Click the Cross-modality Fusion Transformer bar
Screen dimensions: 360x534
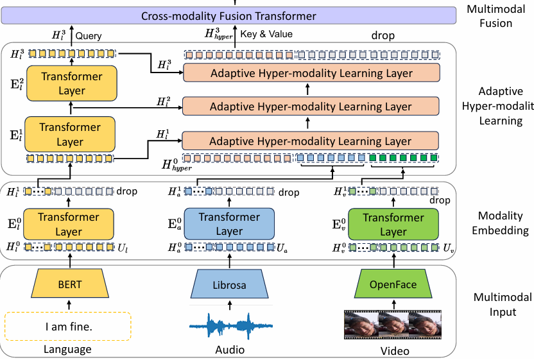click(228, 17)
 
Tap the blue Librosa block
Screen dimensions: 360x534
click(228, 284)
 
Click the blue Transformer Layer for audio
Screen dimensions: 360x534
click(228, 224)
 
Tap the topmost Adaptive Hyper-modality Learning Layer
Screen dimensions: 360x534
click(311, 73)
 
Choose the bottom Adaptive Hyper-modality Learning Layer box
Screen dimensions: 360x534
click(311, 141)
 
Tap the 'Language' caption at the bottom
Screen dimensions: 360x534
click(67, 349)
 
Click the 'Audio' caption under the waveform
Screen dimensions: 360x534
click(228, 350)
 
